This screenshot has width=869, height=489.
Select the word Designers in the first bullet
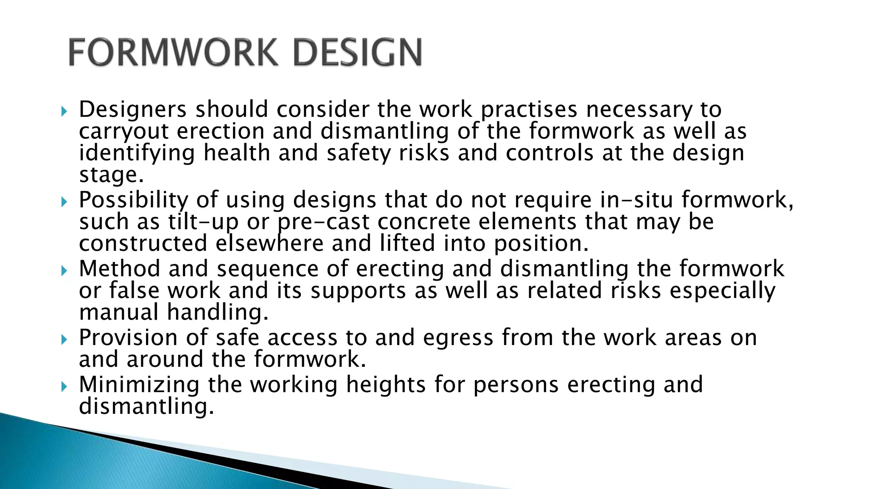point(133,110)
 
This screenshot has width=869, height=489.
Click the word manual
point(119,312)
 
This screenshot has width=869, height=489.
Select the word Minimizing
point(139,385)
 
